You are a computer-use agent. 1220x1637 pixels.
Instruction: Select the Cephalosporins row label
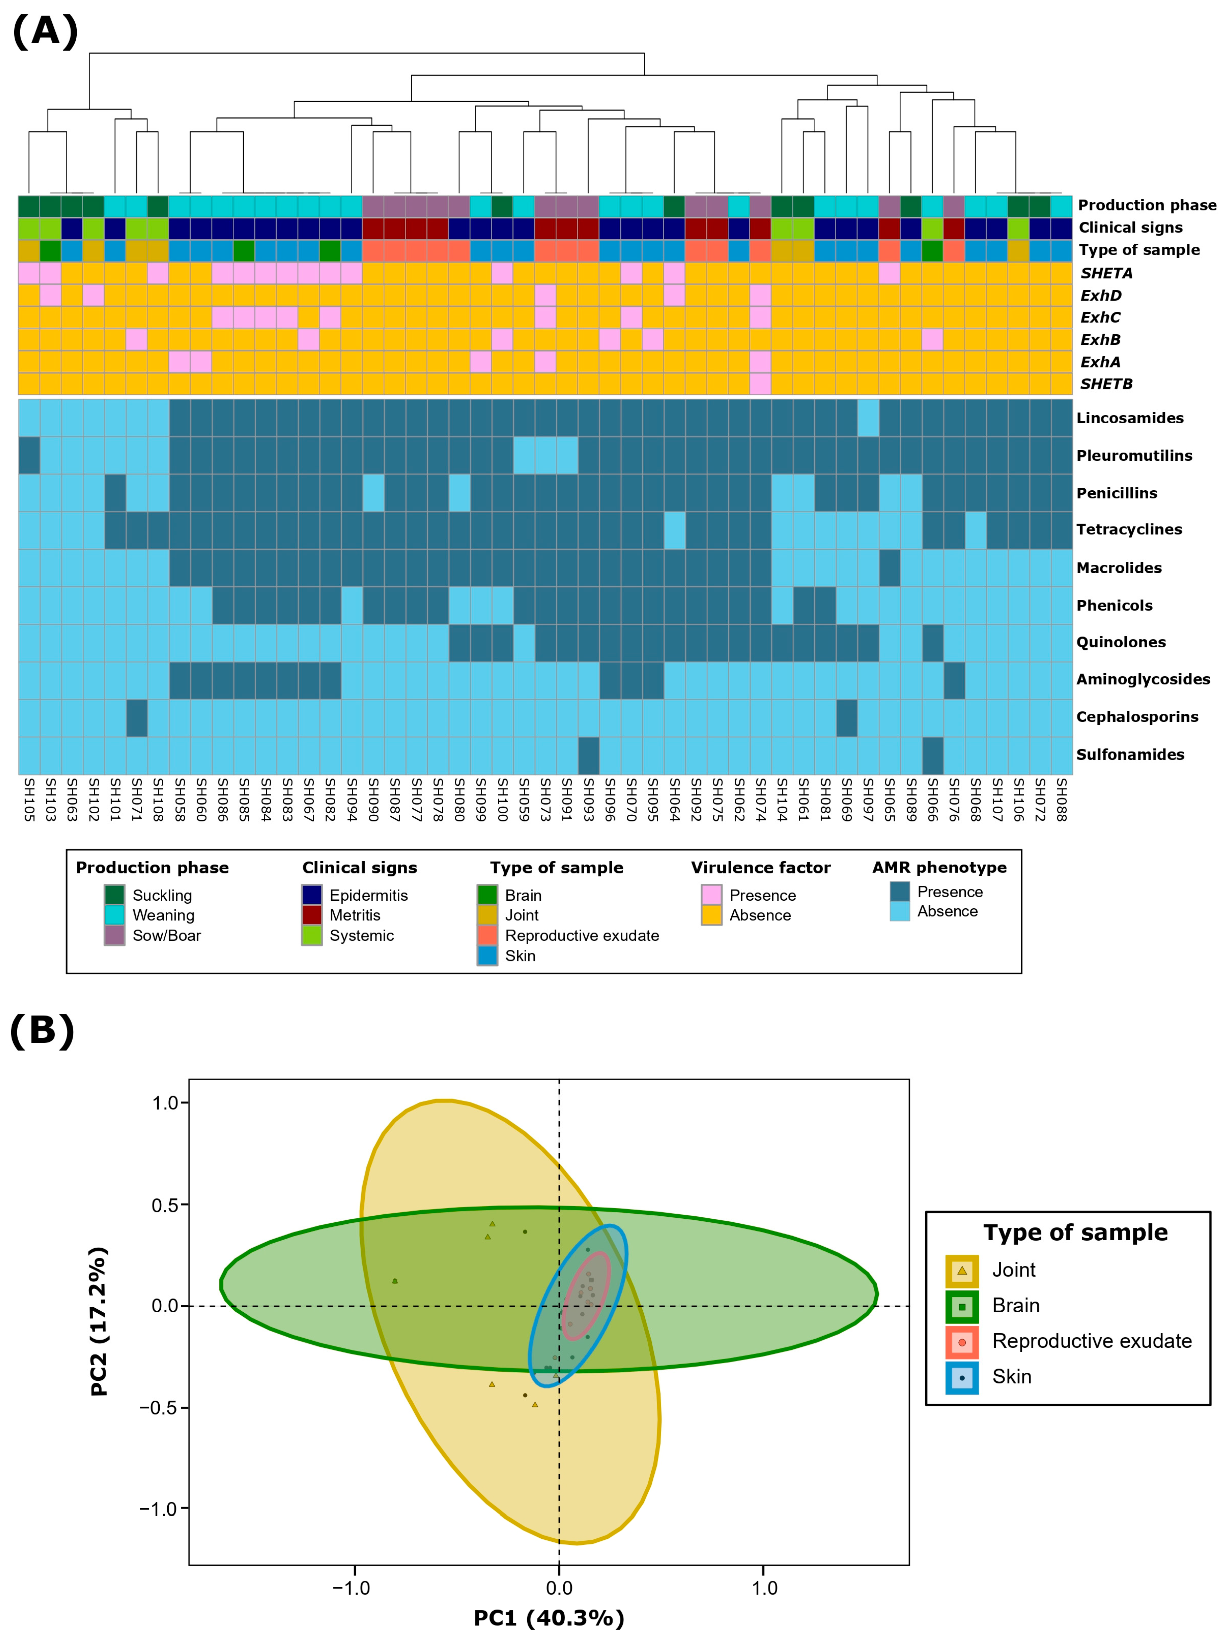[x=1137, y=716]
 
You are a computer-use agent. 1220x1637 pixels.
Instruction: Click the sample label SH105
[x=29, y=799]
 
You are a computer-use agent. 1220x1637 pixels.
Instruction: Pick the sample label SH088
[x=1061, y=799]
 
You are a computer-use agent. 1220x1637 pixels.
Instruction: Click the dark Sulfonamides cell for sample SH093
[x=589, y=755]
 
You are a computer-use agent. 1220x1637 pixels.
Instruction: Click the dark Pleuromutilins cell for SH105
[x=29, y=455]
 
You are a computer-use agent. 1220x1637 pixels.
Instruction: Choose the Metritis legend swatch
[x=312, y=915]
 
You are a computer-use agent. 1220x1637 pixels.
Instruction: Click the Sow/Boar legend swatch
[x=115, y=936]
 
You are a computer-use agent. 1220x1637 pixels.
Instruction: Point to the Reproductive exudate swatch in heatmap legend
[x=487, y=936]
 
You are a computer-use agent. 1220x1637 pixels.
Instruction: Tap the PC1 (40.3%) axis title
[x=549, y=1618]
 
